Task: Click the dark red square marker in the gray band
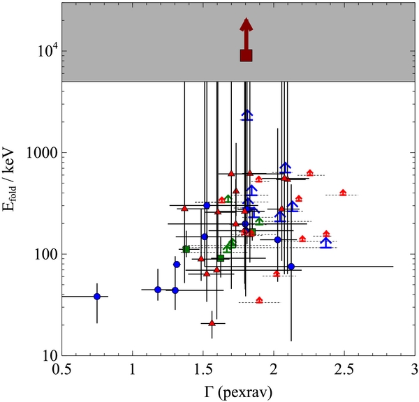click(246, 56)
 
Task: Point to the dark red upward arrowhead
click(246, 24)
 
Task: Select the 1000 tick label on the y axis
click(43, 153)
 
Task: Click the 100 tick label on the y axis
click(47, 254)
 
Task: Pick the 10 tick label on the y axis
click(50, 356)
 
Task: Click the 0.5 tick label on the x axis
click(61, 370)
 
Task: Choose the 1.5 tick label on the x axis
click(203, 370)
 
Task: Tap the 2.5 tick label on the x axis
click(344, 370)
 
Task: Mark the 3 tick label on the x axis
click(414, 370)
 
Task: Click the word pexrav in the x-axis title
click(245, 392)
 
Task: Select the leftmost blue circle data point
click(97, 297)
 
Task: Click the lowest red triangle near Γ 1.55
click(212, 323)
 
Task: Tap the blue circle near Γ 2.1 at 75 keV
click(291, 267)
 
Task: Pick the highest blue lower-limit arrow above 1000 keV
click(247, 115)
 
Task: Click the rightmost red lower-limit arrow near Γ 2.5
click(343, 193)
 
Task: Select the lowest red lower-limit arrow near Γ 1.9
click(259, 300)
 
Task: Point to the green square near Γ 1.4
click(186, 249)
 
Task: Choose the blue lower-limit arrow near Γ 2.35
click(325, 243)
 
